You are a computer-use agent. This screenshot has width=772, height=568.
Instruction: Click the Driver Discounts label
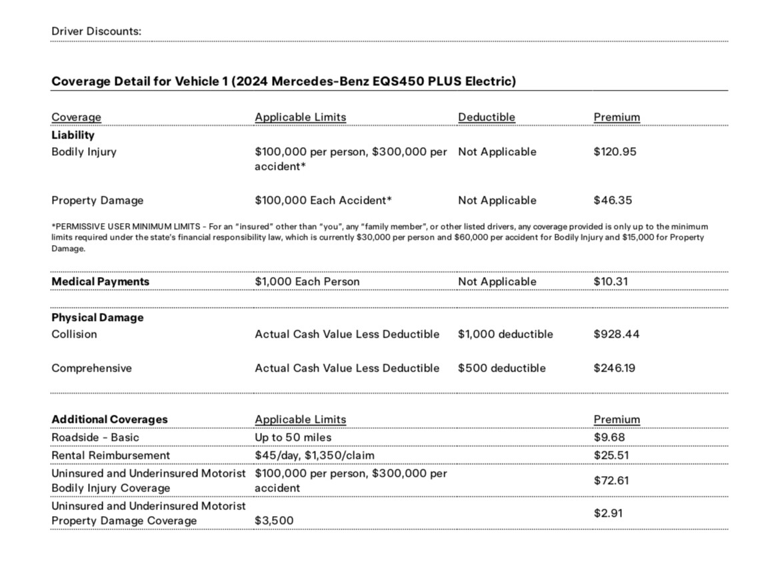click(96, 31)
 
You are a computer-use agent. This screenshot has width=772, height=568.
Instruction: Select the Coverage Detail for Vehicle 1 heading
click(283, 81)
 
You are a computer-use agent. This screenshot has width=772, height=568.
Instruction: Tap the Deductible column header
click(486, 117)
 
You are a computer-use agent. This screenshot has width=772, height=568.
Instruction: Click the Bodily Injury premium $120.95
click(615, 152)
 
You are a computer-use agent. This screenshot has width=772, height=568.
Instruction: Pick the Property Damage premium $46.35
click(613, 200)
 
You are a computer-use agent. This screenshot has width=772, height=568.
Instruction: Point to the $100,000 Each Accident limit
click(323, 200)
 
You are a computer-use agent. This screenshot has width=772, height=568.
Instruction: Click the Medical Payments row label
click(100, 282)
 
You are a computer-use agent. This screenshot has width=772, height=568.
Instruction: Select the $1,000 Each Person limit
click(307, 282)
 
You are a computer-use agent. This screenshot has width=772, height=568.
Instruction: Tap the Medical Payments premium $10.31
click(611, 282)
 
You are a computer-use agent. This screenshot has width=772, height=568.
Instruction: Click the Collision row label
click(74, 334)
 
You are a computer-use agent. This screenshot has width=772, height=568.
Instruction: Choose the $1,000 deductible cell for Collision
click(505, 334)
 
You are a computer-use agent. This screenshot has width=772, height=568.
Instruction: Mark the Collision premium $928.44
click(616, 334)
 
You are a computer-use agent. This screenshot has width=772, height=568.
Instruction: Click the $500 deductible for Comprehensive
click(501, 368)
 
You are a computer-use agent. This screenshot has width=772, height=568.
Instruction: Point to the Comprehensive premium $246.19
click(614, 368)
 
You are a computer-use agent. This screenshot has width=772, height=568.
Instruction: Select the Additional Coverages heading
click(109, 420)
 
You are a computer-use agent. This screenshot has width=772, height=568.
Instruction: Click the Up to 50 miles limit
click(293, 437)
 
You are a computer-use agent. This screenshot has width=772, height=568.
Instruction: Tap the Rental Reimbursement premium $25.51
click(611, 455)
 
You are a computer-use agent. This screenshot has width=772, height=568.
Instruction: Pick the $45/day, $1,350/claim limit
click(314, 455)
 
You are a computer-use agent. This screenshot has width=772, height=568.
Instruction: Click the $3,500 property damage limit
click(274, 521)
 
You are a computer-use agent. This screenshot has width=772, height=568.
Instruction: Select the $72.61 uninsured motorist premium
click(611, 481)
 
